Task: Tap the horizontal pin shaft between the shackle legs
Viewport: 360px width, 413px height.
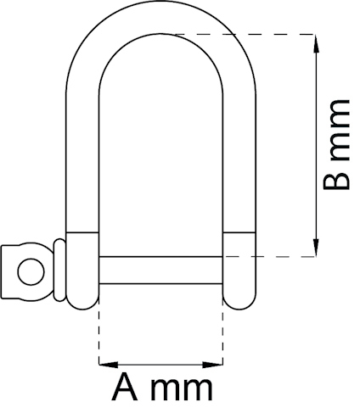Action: [161, 271]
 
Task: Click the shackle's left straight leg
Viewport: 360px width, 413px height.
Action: [82, 153]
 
